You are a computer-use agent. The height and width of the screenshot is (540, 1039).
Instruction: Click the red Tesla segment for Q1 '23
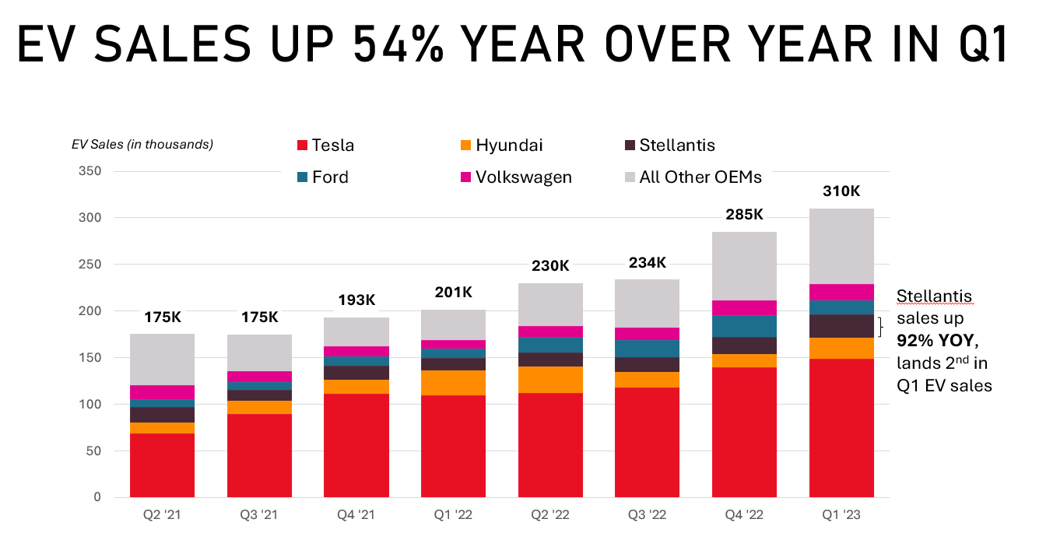pos(841,428)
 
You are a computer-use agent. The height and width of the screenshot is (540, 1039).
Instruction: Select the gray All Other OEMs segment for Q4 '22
pos(744,266)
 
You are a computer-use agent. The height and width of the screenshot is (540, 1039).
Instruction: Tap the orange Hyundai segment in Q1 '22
pos(453,383)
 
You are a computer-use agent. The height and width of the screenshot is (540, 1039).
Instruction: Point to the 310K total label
pos(841,191)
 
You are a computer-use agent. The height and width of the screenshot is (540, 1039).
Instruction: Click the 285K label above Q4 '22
pos(744,214)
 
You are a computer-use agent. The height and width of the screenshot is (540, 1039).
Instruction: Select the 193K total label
pos(356,300)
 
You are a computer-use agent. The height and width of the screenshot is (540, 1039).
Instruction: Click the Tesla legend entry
pos(325,146)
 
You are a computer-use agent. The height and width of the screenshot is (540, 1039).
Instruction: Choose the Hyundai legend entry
pos(500,146)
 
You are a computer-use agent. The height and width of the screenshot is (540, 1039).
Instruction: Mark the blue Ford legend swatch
pos(303,177)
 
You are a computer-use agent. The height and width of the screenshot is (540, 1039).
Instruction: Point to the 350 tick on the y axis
pos(91,171)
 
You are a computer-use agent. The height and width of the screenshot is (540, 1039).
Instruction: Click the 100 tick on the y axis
pos(91,405)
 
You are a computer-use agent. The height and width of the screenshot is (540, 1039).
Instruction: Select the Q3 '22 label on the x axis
pos(647,515)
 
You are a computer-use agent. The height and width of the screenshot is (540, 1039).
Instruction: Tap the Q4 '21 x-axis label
pos(356,515)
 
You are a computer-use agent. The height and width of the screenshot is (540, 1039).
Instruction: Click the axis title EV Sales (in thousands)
pos(142,144)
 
